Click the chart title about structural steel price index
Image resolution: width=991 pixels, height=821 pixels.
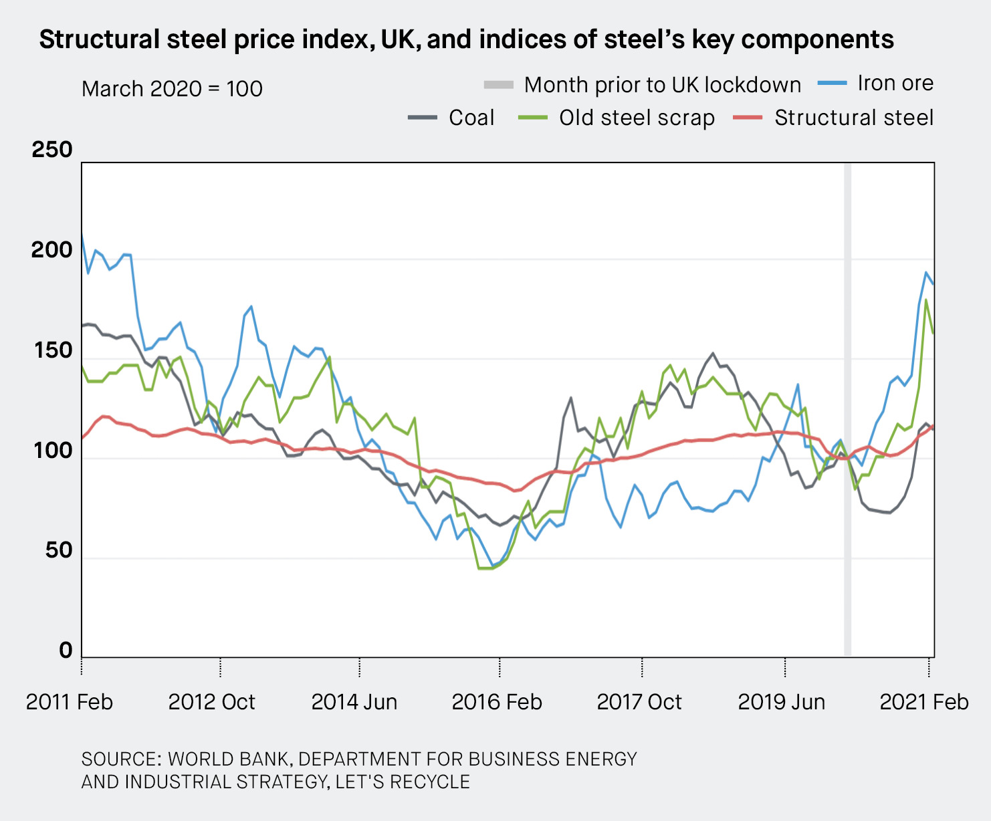click(466, 39)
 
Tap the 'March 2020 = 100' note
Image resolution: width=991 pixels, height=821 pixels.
click(172, 88)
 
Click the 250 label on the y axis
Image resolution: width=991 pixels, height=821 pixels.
click(52, 149)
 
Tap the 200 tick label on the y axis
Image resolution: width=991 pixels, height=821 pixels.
click(52, 249)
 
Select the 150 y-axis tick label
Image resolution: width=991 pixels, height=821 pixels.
click(52, 350)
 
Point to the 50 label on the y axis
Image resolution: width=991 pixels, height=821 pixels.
click(59, 550)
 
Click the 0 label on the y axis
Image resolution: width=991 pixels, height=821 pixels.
click(66, 650)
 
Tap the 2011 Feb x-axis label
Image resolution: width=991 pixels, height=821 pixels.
click(70, 702)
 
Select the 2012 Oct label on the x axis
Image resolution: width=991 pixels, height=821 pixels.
click(211, 702)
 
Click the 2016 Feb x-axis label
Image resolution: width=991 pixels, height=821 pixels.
click(497, 702)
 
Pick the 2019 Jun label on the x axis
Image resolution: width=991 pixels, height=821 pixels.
click(781, 702)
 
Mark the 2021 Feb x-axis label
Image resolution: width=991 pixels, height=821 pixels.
click(923, 702)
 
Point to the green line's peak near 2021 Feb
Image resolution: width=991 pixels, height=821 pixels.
click(926, 300)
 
